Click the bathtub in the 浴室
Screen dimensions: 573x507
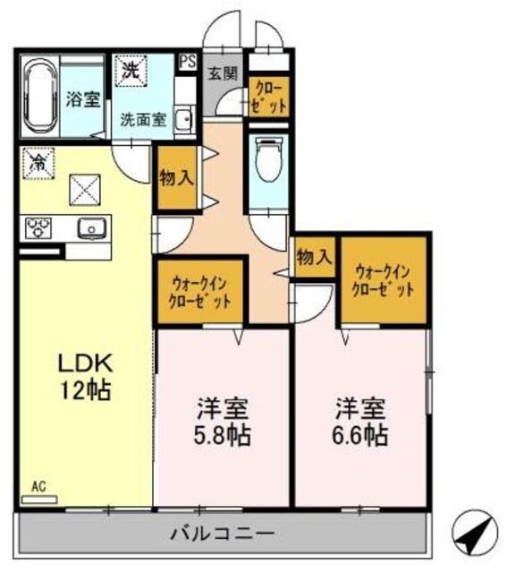(x=40, y=97)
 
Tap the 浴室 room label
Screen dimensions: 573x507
(x=83, y=99)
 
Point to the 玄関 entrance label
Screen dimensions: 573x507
(x=223, y=73)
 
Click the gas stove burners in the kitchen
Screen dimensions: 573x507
(x=40, y=229)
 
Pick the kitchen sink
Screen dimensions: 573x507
(x=91, y=229)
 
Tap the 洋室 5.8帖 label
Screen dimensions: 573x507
(x=223, y=423)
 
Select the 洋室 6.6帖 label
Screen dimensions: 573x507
(x=361, y=423)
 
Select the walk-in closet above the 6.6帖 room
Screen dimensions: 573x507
(x=384, y=279)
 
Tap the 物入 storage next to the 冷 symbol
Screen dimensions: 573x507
(x=176, y=178)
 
